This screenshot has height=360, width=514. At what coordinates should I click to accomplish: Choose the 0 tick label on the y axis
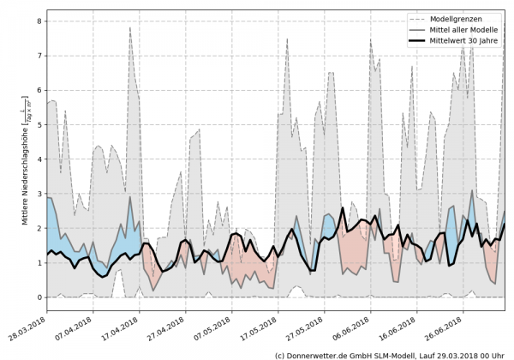[x=39, y=297]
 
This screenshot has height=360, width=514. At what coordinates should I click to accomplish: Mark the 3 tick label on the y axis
[x=39, y=194]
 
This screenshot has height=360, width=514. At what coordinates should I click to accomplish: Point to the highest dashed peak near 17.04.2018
[x=129, y=27]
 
